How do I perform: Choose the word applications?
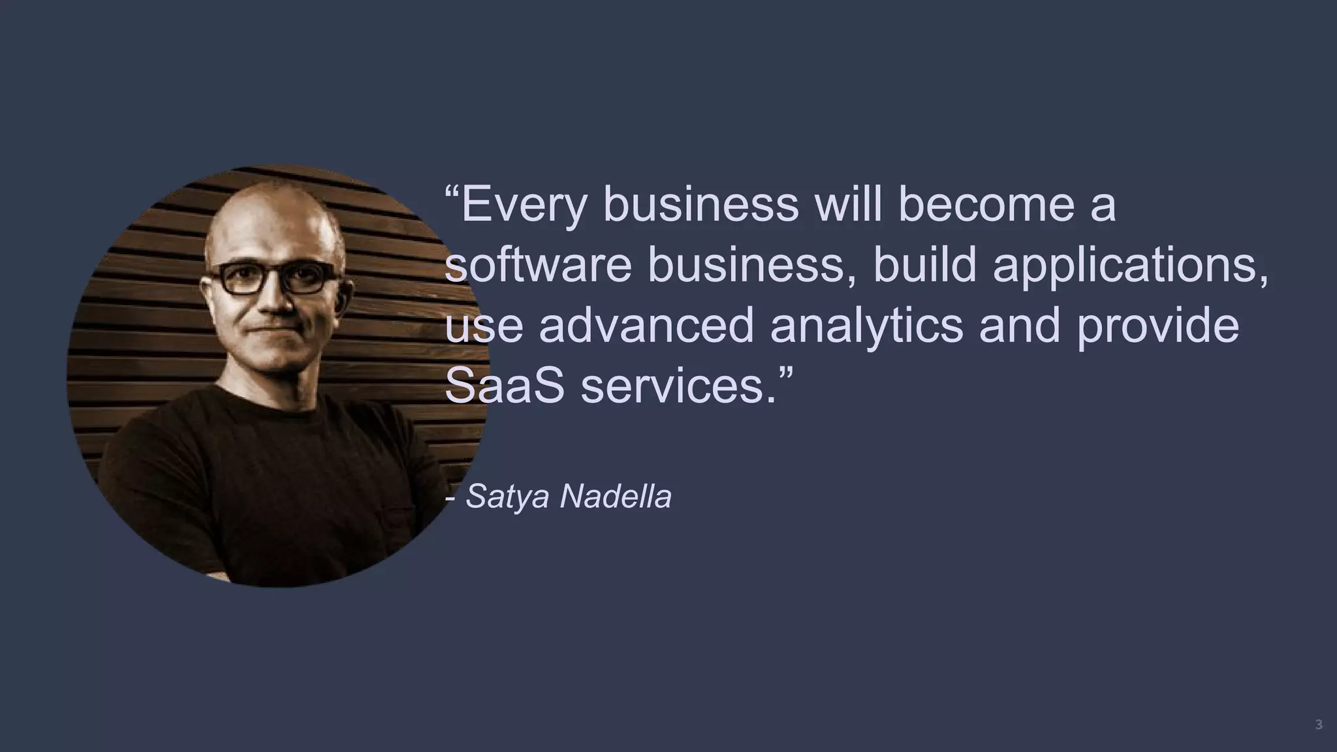1130,266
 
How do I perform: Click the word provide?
1157,326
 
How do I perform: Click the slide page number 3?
1319,725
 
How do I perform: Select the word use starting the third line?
484,327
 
